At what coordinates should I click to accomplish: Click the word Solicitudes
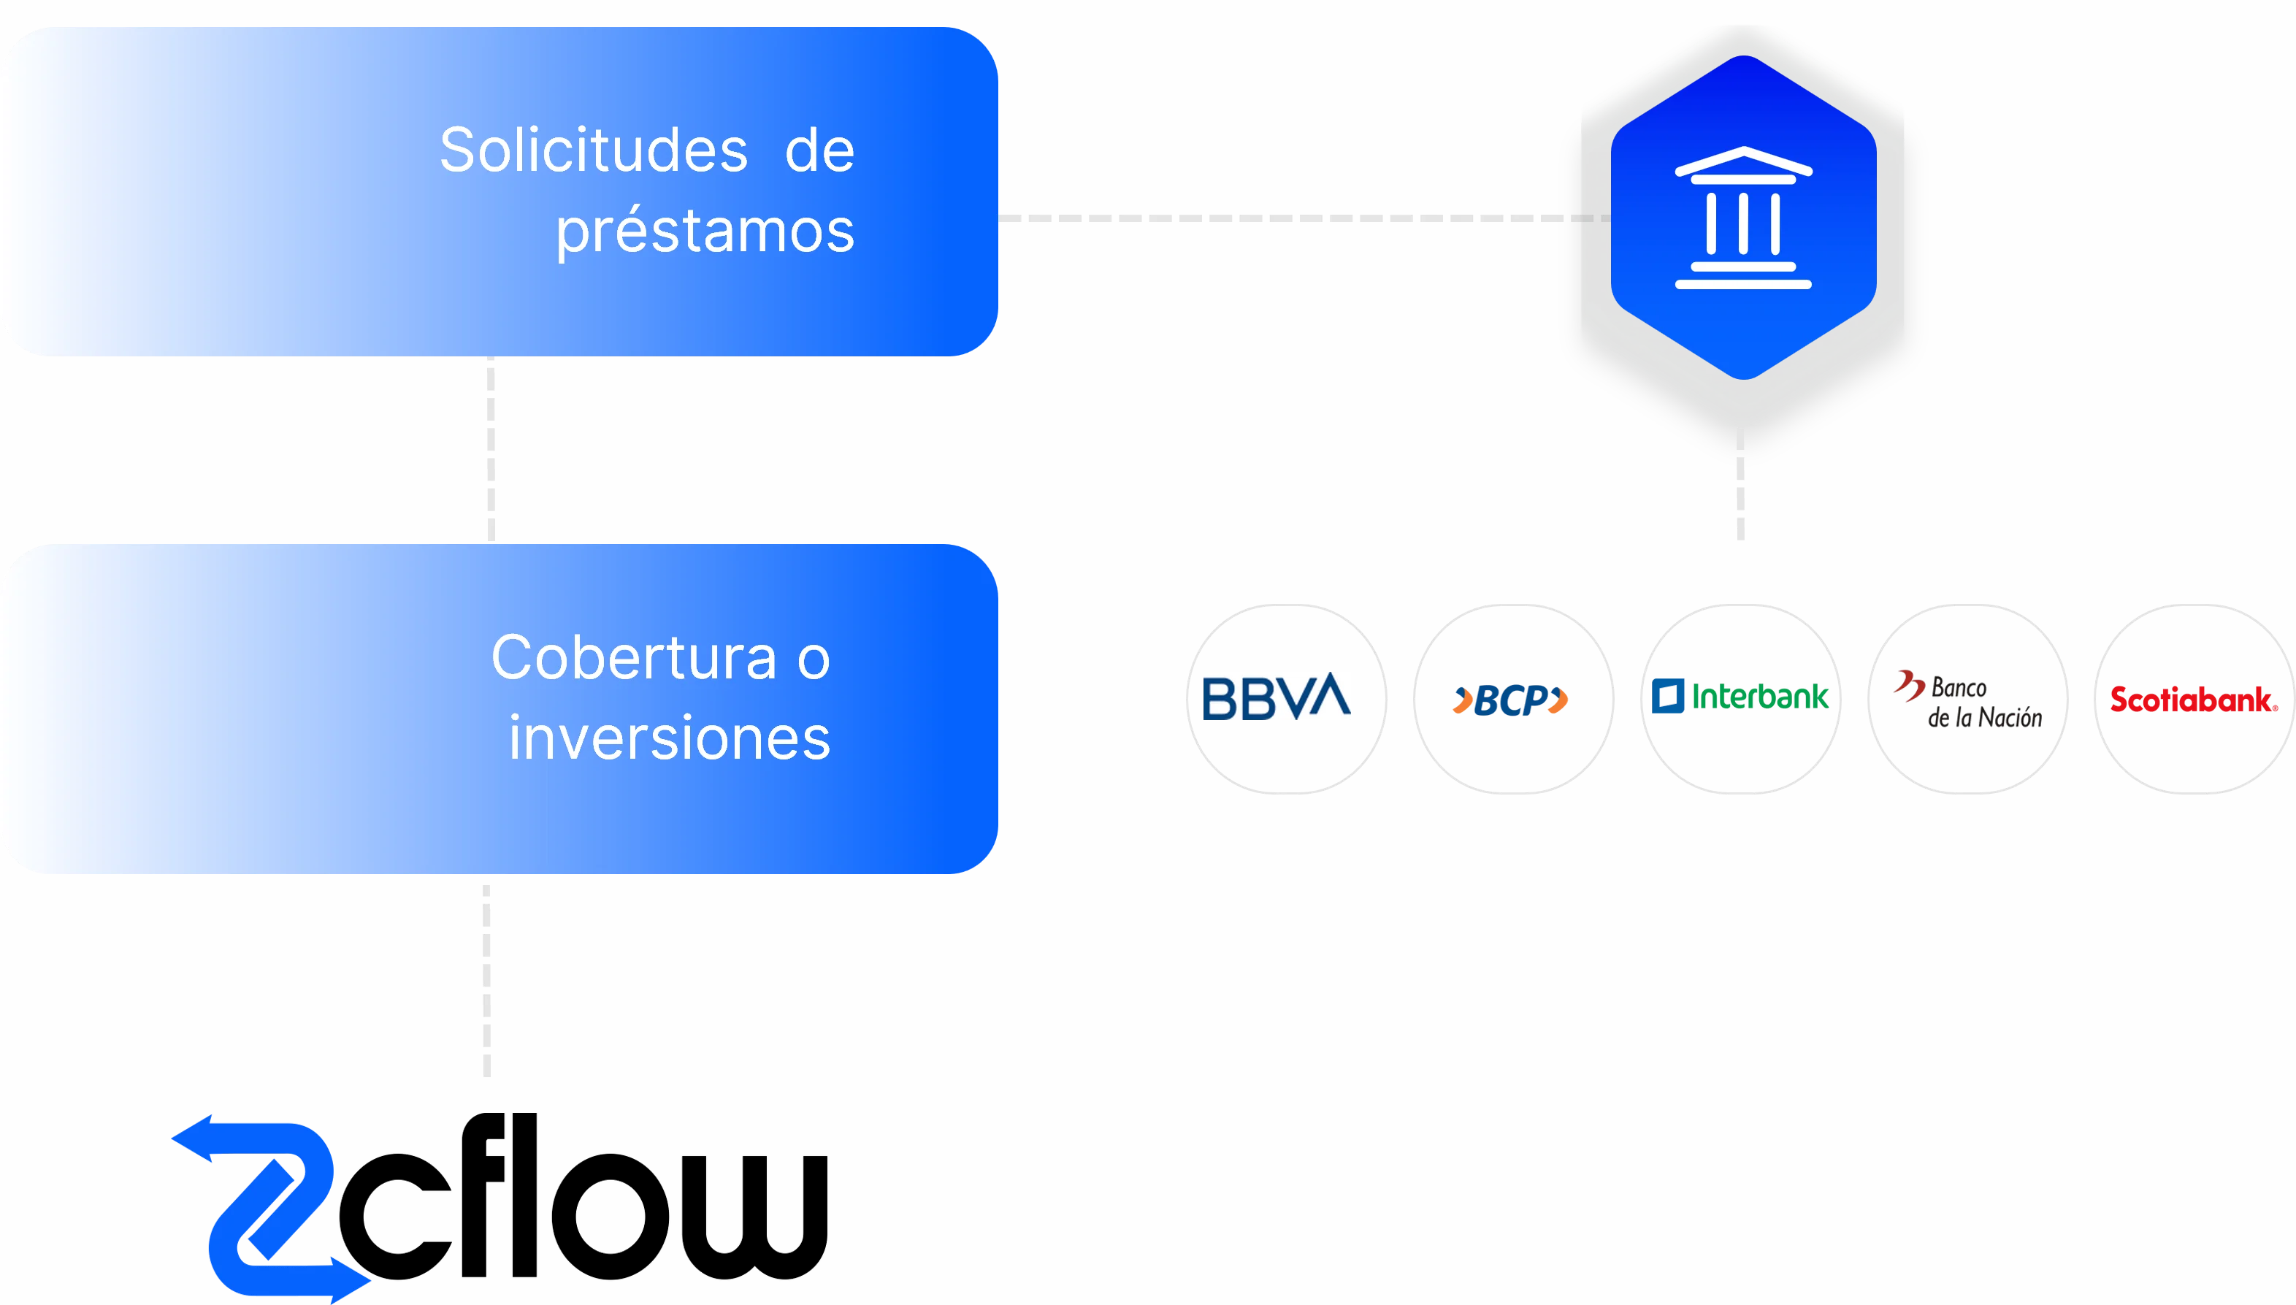point(593,150)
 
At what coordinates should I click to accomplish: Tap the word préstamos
point(705,231)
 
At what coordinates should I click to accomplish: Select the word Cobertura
point(634,658)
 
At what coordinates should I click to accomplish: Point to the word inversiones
point(670,738)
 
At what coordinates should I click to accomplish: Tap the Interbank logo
point(1740,697)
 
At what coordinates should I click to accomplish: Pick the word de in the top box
point(819,150)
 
